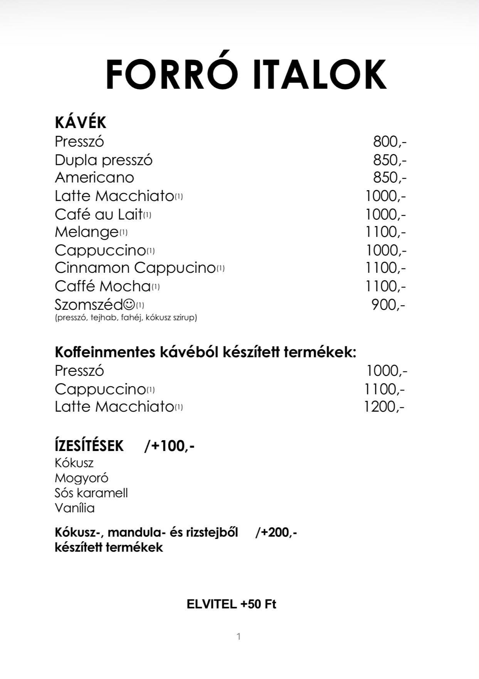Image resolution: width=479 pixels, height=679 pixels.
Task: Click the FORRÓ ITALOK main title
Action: pos(246,74)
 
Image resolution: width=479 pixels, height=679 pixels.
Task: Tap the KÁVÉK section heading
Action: pos(81,123)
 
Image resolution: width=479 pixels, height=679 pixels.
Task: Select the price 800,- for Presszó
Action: pos(389,142)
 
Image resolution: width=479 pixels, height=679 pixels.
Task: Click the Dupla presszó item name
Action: pos(104,160)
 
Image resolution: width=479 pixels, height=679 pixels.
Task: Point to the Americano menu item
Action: pos(94,177)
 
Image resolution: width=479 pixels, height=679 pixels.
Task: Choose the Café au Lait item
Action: pos(99,214)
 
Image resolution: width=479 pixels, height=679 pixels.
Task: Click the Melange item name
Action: pos(87,232)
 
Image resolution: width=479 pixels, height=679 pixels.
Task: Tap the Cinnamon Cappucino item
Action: pos(135,268)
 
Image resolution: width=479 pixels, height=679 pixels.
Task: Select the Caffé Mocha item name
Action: pos(103,286)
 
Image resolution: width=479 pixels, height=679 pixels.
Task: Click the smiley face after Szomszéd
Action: pos(129,305)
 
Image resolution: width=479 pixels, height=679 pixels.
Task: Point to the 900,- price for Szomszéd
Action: pos(388,305)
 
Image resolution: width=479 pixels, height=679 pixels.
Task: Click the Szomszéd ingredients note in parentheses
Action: pos(126,318)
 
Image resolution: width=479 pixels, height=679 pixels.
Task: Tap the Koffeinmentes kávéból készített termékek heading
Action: pos(205,352)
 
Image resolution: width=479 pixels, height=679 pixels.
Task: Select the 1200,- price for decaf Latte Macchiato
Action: pos(384,407)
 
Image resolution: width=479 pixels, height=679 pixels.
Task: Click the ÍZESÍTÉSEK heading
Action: pos(89,446)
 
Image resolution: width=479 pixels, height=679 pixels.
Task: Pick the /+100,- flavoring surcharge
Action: pos(169,446)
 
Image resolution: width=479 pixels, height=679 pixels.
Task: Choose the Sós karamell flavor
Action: pos(91,493)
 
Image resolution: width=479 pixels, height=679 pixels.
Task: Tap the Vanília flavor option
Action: pos(75,508)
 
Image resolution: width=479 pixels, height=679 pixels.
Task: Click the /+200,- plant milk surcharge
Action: pos(276,532)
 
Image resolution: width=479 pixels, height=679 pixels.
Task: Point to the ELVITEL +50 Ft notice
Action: pos(231,604)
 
